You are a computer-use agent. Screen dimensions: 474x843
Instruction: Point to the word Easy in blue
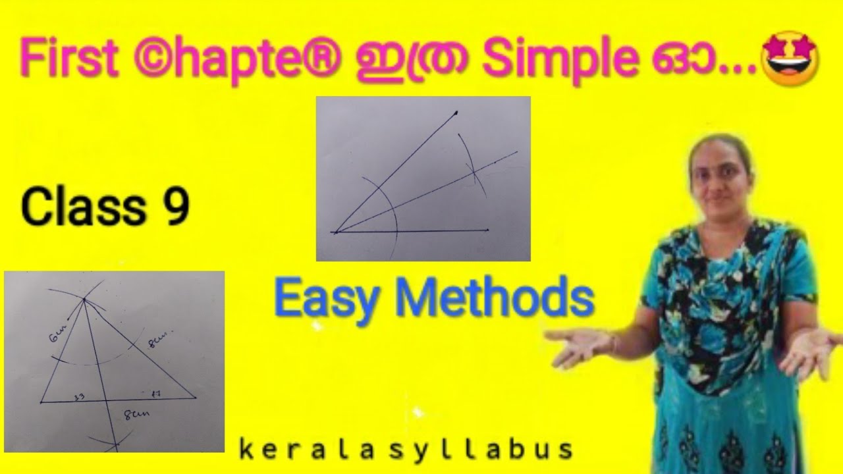[327, 299]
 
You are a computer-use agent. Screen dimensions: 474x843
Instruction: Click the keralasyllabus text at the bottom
[405, 450]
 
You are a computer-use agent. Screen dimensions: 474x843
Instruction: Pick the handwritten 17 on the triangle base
[157, 393]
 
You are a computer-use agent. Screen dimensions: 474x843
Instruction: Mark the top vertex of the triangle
[85, 301]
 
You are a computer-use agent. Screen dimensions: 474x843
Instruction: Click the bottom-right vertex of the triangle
[196, 397]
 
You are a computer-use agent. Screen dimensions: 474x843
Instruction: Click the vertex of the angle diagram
[335, 232]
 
